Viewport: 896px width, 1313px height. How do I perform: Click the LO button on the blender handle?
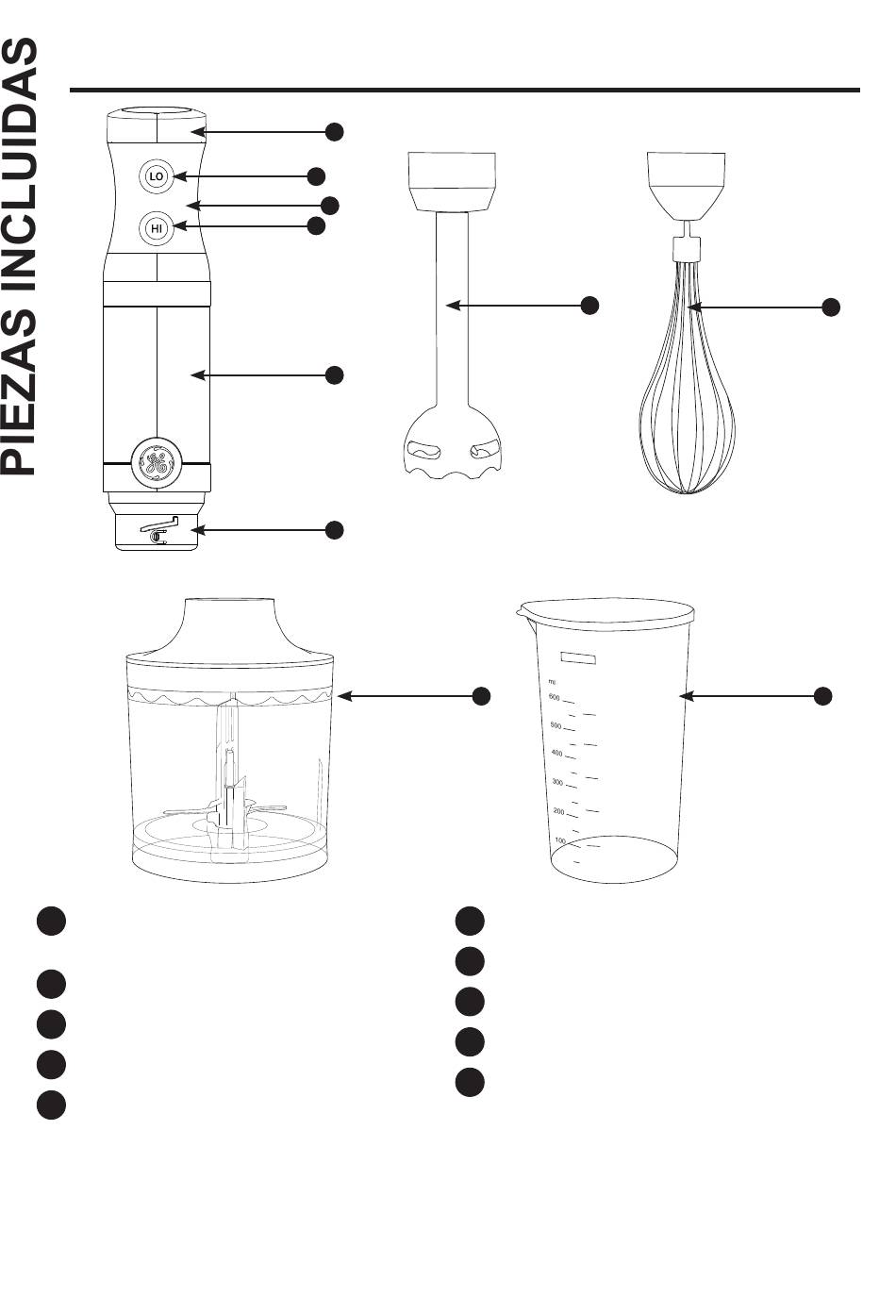(x=157, y=175)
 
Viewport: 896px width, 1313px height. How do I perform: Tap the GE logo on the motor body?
(x=157, y=461)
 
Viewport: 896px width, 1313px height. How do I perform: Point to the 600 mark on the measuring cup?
(x=554, y=697)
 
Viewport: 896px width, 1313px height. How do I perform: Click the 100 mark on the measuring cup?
(x=560, y=840)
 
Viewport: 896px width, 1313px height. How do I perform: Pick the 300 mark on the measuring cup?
(x=557, y=782)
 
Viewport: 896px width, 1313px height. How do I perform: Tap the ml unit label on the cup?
(x=552, y=682)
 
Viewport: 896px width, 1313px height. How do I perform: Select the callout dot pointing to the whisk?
(x=831, y=307)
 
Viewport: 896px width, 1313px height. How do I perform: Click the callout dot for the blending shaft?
(x=590, y=306)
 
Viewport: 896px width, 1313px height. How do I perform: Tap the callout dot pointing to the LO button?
(x=317, y=176)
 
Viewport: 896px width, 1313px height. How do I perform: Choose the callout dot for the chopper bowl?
(x=482, y=696)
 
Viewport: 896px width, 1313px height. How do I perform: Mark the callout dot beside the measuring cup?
(x=823, y=696)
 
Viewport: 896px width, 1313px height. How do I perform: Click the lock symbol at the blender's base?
(x=158, y=531)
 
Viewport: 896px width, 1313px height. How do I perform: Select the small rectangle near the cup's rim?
(x=578, y=657)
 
